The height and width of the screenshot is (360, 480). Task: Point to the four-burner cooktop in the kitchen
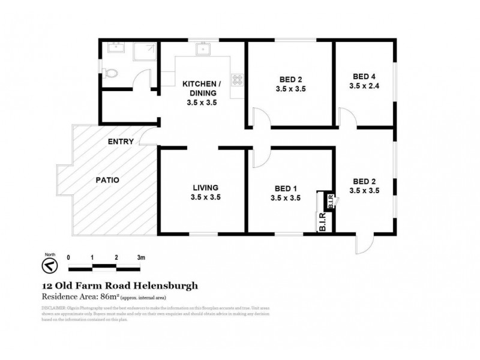(x=238, y=80)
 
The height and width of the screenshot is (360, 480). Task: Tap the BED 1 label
(x=285, y=187)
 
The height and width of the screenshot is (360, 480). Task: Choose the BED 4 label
(x=364, y=76)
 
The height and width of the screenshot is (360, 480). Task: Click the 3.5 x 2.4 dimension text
(x=364, y=86)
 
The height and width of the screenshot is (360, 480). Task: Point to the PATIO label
(x=108, y=179)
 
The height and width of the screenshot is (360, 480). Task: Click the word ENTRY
(x=120, y=142)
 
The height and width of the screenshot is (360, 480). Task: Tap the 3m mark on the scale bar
(x=140, y=257)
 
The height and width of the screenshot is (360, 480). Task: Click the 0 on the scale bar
(x=69, y=257)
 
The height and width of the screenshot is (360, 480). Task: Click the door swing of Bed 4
(x=347, y=116)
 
